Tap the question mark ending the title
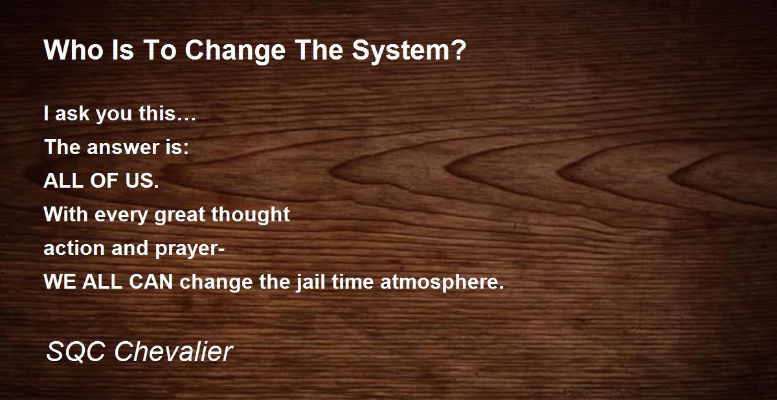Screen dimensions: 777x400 pyautogui.click(x=458, y=50)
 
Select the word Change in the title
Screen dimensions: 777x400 pyautogui.click(x=235, y=51)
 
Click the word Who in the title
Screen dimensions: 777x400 pyautogui.click(x=74, y=50)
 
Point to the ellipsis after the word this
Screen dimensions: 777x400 pyautogui.click(x=186, y=120)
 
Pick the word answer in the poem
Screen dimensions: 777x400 pyautogui.click(x=123, y=148)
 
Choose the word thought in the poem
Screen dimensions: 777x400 pyautogui.click(x=251, y=215)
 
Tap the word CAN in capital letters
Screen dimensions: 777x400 pyautogui.click(x=151, y=282)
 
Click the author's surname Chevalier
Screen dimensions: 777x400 pyautogui.click(x=174, y=352)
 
